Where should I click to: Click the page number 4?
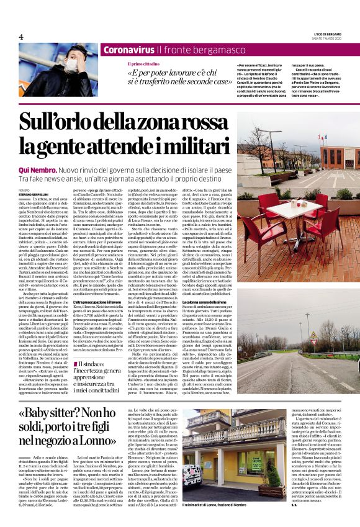coord(21,37)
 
